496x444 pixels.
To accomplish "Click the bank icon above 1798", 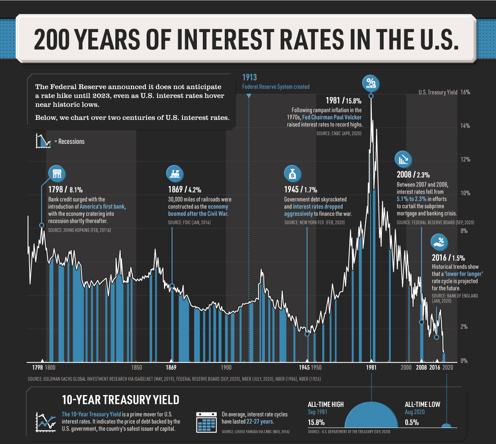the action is click(57, 173).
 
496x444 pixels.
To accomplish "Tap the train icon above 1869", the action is click(174, 173).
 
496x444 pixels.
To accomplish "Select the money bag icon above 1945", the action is click(292, 173).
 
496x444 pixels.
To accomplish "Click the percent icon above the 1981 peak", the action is click(371, 84).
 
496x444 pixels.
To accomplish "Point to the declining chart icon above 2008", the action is click(403, 159).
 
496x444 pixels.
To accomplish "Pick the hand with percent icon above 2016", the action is click(439, 242).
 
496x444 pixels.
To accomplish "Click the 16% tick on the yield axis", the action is click(465, 92).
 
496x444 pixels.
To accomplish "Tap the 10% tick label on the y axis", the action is click(465, 193).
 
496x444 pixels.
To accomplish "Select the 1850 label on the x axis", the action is click(136, 368).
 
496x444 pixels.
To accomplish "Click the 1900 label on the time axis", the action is click(226, 368).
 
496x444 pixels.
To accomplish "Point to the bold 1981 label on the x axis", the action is click(371, 368).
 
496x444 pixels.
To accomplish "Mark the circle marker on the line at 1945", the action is click(307, 334).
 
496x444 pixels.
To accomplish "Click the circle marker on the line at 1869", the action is click(172, 286).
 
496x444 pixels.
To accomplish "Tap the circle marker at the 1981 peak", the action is click(371, 96).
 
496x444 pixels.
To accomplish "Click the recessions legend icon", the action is click(43, 141).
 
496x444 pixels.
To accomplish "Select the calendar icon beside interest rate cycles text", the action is click(206, 422).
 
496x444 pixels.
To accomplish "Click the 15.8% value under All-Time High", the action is click(316, 422).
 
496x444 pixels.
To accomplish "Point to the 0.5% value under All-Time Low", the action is click(412, 422).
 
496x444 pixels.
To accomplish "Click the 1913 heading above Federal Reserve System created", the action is click(250, 77).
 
